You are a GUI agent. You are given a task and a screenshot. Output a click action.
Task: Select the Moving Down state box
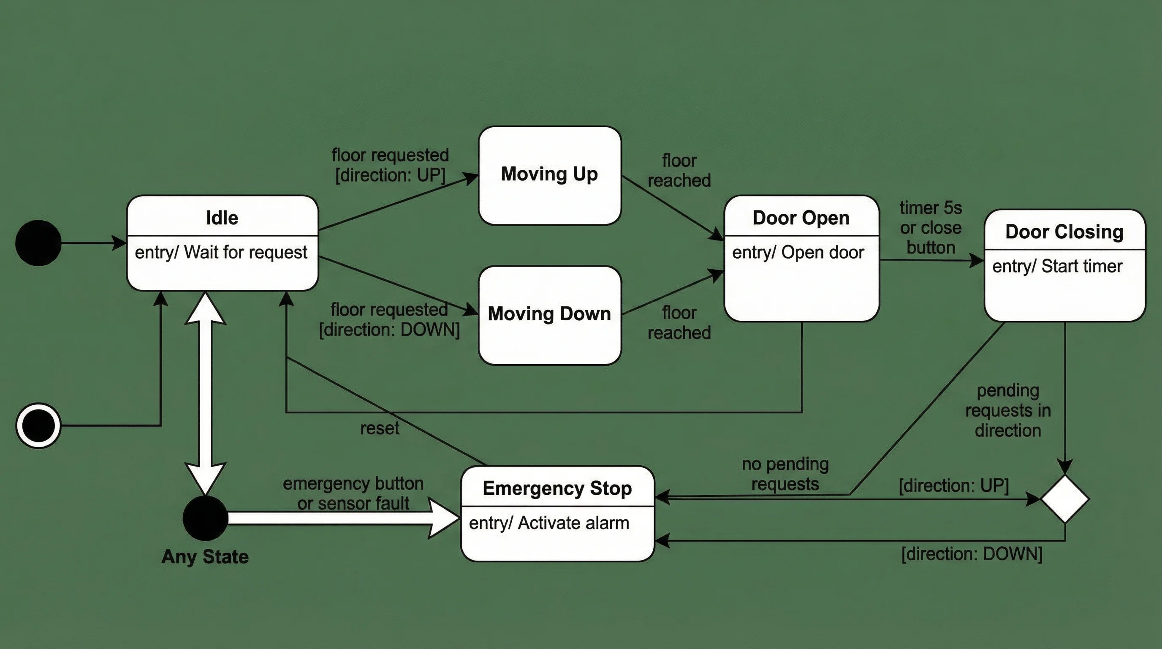click(x=549, y=315)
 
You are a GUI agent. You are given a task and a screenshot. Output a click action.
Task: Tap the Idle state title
click(x=222, y=218)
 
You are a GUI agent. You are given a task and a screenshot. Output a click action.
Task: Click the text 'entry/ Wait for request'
click(x=221, y=252)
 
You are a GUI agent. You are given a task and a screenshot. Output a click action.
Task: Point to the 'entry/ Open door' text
click(x=798, y=253)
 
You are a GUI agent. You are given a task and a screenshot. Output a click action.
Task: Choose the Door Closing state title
click(x=1064, y=232)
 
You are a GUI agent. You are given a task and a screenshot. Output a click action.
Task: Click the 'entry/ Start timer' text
click(x=1057, y=266)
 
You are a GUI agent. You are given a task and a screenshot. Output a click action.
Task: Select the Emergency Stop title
click(x=557, y=488)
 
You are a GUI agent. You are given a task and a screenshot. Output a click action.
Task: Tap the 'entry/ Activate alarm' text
click(x=548, y=523)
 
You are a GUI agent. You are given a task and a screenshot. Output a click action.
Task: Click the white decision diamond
click(x=1064, y=499)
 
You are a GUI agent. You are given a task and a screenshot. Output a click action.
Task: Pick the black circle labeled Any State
click(x=205, y=518)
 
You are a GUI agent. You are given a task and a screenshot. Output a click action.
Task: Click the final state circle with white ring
click(x=38, y=425)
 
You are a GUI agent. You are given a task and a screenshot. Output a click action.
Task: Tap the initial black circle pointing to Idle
click(x=38, y=243)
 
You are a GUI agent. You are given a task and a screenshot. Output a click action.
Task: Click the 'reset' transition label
click(x=379, y=428)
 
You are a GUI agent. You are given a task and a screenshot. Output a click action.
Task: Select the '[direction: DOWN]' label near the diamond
click(x=972, y=554)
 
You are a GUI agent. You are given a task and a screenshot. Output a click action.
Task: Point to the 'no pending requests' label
click(x=785, y=474)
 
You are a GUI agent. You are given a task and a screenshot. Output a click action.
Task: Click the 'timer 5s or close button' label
click(x=931, y=228)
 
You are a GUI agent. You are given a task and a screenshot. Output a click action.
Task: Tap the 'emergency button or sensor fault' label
click(x=353, y=493)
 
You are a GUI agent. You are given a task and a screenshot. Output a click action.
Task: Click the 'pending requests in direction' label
click(x=1008, y=411)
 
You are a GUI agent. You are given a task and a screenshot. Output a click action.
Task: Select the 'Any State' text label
click(x=205, y=556)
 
